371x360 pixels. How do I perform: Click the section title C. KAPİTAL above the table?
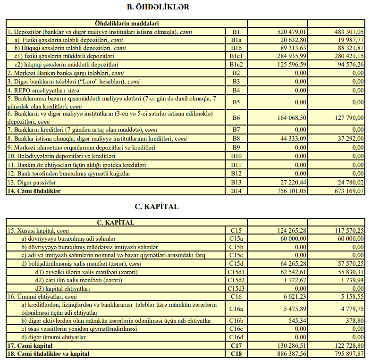(157, 207)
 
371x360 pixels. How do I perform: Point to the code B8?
(236, 138)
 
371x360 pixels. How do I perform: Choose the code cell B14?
(236, 191)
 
